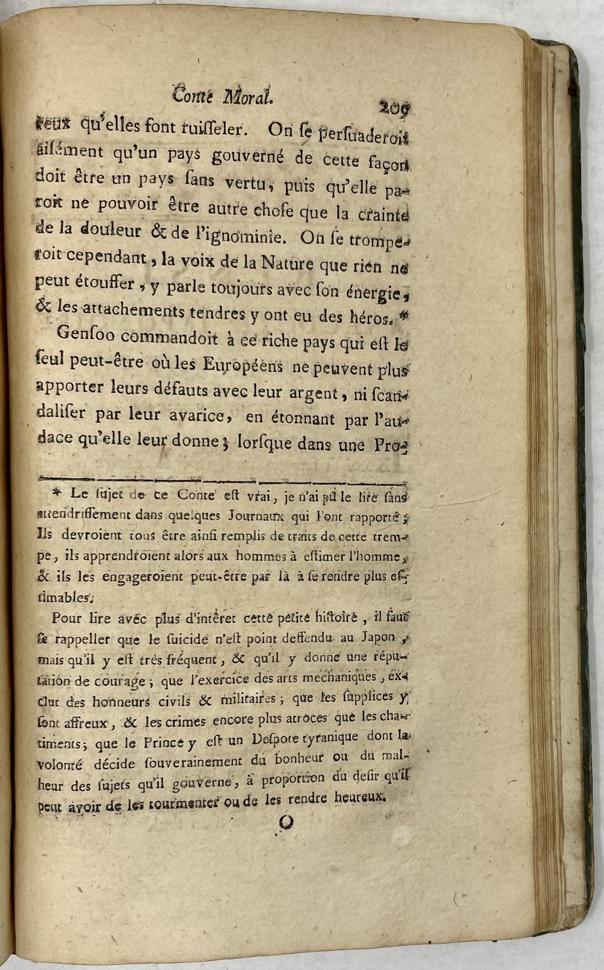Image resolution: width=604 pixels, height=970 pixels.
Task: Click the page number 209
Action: (394, 108)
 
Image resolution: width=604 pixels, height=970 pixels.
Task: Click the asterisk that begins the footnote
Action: (56, 493)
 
